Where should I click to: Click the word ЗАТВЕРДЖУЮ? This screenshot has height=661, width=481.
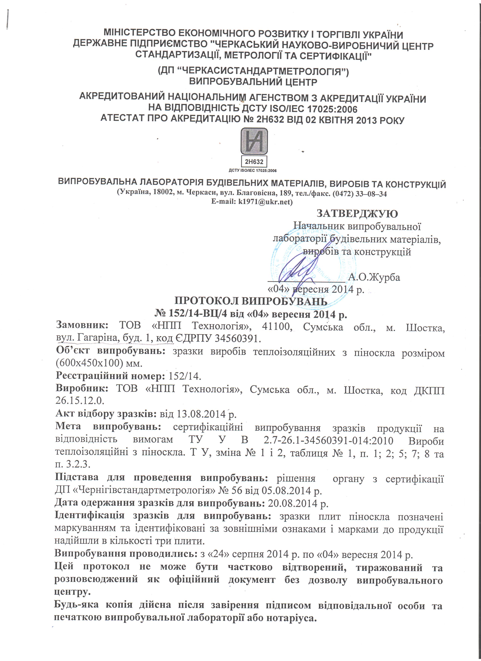[x=357, y=214]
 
